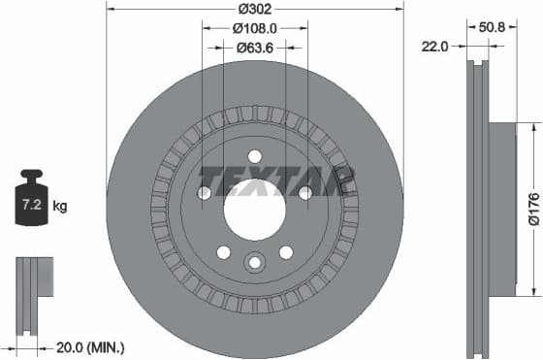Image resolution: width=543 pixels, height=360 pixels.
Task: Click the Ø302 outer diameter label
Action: pos(255,9)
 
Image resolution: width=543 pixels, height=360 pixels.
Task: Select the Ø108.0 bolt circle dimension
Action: pos(255,28)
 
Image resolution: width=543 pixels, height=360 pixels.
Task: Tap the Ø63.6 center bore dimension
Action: pos(255,49)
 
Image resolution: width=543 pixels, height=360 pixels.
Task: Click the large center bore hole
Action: pos(255,208)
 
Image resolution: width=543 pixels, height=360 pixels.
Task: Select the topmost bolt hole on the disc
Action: pos(255,156)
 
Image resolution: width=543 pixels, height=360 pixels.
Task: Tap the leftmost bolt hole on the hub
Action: pos(205,193)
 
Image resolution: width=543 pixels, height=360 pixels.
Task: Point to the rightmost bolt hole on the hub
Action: pos(305,193)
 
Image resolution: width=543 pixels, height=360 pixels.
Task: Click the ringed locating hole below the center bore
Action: pos(255,262)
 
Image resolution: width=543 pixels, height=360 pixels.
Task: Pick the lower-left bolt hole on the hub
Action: pos(224,252)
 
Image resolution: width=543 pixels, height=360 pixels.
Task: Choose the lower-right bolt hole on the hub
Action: pos(286,252)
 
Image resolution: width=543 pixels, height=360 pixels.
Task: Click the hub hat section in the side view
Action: pos(499,208)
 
